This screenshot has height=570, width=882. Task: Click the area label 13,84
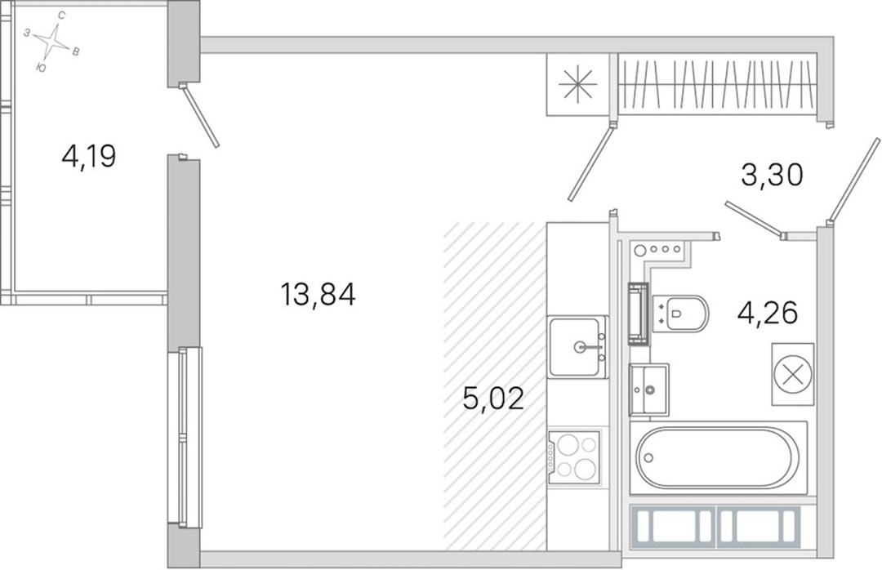[318, 294]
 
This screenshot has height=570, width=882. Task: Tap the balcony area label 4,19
[89, 156]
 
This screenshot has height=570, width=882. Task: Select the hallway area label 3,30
[771, 175]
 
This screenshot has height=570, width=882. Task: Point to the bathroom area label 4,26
[768, 313]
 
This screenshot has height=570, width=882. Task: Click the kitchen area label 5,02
[493, 398]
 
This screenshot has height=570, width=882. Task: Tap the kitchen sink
[578, 346]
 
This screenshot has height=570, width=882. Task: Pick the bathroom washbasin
[649, 389]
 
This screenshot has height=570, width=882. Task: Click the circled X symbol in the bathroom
[792, 374]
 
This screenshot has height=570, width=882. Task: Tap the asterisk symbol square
[577, 85]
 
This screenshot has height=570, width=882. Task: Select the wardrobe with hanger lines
[717, 84]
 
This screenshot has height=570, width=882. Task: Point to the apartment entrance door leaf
[854, 179]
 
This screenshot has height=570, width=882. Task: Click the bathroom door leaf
[590, 164]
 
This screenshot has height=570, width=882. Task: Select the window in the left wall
[185, 437]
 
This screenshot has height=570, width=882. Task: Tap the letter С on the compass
[61, 16]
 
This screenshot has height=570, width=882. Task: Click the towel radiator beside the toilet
[639, 313]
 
